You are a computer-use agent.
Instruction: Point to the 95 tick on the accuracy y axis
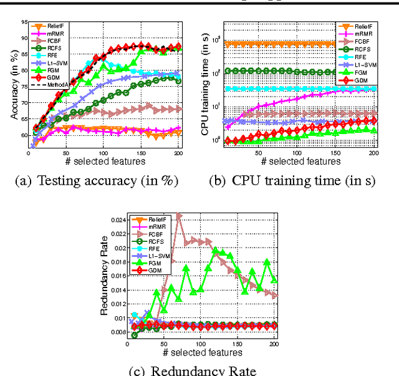click(x=22, y=22)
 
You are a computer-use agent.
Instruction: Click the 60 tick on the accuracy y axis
click(x=22, y=134)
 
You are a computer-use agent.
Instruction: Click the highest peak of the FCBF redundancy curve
click(x=178, y=215)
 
